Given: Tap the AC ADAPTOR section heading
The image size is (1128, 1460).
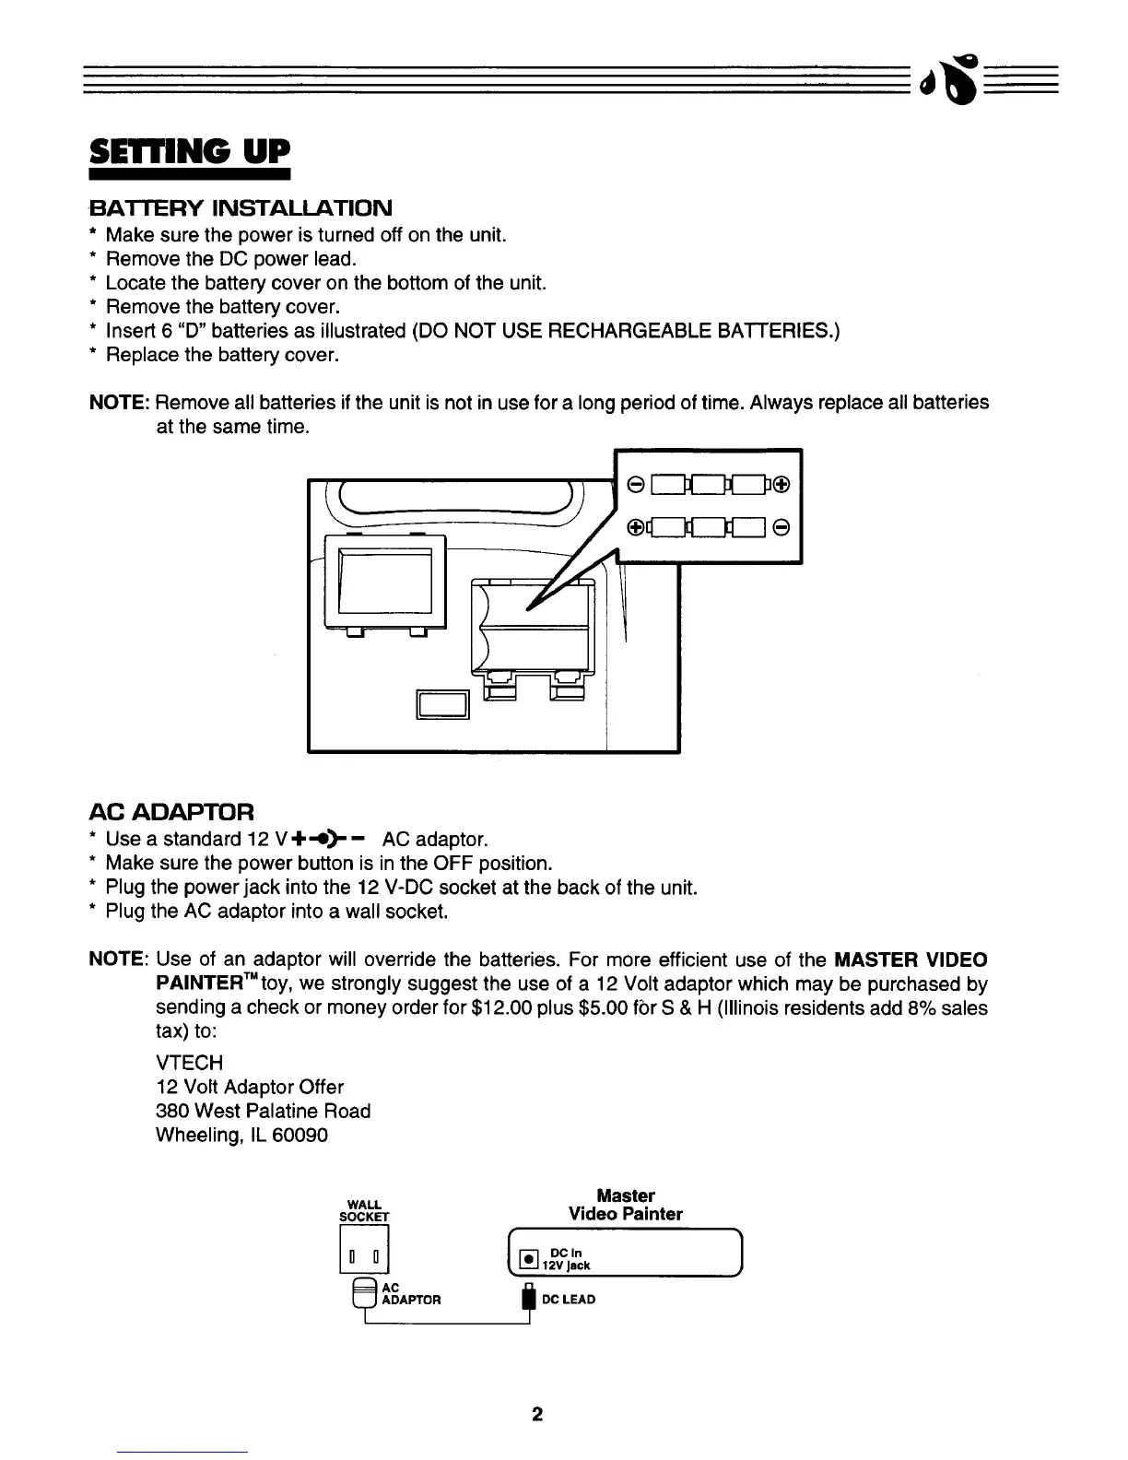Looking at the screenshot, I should (170, 812).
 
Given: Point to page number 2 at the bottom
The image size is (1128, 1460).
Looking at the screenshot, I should (537, 1415).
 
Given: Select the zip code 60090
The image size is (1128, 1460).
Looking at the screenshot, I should (298, 1135).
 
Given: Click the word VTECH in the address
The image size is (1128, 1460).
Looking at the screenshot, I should (190, 1063).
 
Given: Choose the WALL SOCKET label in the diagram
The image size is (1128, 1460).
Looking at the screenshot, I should (366, 1210).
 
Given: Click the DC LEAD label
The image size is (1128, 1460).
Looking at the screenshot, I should (569, 1300).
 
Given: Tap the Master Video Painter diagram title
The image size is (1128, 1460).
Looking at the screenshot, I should (626, 1205).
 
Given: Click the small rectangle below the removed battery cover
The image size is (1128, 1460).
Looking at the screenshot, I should (444, 704).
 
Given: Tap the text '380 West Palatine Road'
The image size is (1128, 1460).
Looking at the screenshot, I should (264, 1111).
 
